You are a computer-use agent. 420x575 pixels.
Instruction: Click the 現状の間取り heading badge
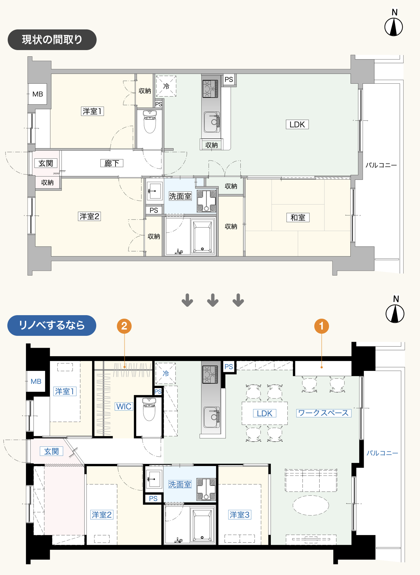pyautogui.click(x=52, y=40)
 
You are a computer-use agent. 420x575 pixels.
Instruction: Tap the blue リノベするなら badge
pyautogui.click(x=52, y=325)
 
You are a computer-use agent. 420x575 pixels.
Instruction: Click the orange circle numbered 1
pyautogui.click(x=321, y=326)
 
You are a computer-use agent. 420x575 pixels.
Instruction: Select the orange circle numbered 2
pyautogui.click(x=124, y=326)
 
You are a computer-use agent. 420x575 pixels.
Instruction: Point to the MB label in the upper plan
pyautogui.click(x=37, y=94)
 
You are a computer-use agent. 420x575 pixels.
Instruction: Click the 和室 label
pyautogui.click(x=297, y=217)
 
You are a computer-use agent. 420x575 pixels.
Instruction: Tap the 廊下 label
pyautogui.click(x=112, y=163)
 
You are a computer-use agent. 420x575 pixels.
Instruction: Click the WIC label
pyautogui.click(x=124, y=407)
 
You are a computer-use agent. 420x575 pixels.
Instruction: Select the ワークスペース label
pyautogui.click(x=323, y=413)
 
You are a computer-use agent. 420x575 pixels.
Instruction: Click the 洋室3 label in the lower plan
pyautogui.click(x=240, y=515)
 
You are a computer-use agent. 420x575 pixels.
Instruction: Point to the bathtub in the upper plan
pyautogui.click(x=203, y=236)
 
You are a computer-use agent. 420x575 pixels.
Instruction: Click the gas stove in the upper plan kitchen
pyautogui.click(x=210, y=89)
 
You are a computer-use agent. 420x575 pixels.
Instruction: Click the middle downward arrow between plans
pyautogui.click(x=213, y=300)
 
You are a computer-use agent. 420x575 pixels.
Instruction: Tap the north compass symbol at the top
pyautogui.click(x=394, y=27)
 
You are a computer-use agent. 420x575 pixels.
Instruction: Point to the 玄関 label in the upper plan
pyautogui.click(x=46, y=163)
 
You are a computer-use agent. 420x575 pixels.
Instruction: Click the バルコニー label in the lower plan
pyautogui.click(x=382, y=453)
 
